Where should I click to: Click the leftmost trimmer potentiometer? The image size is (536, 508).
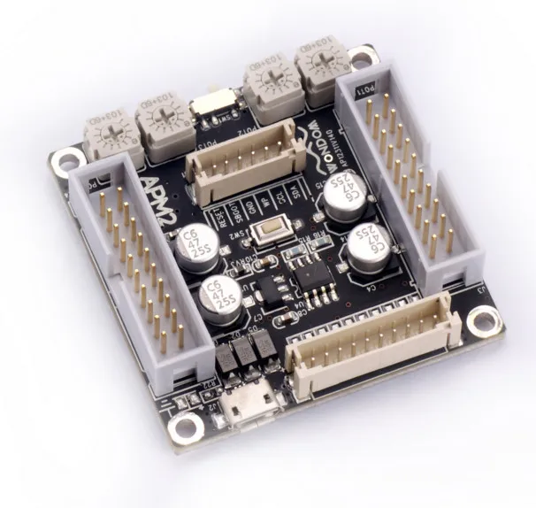click(x=109, y=135)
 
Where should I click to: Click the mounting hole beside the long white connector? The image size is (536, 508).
click(x=482, y=319)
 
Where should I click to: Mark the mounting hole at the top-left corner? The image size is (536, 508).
click(x=65, y=161)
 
